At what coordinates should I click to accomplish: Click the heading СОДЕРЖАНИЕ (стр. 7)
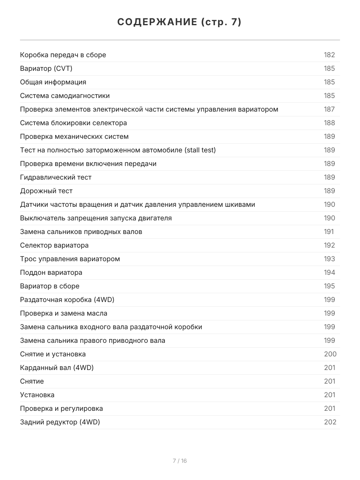pos(180,22)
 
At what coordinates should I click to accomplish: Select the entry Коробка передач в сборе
pos(63,55)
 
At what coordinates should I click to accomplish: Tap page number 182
pos(329,55)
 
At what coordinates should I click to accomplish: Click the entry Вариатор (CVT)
pos(46,68)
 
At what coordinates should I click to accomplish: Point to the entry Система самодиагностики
pos(65,96)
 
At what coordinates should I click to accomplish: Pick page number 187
pos(329,109)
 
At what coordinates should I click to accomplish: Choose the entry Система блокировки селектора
pos(73,123)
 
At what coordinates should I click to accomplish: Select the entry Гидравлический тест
pos(56,177)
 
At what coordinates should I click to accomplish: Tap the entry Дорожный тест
pos(46,191)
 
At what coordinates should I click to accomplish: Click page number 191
pos(329,232)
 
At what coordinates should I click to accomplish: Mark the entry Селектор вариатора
pos(54,245)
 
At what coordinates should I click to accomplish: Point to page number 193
pos(329,259)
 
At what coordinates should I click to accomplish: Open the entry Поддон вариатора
pos(51,272)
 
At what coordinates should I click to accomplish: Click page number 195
pos(329,286)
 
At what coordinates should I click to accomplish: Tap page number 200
pos(330,354)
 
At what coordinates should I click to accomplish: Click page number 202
pos(330,422)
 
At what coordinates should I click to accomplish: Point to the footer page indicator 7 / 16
pos(180,461)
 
